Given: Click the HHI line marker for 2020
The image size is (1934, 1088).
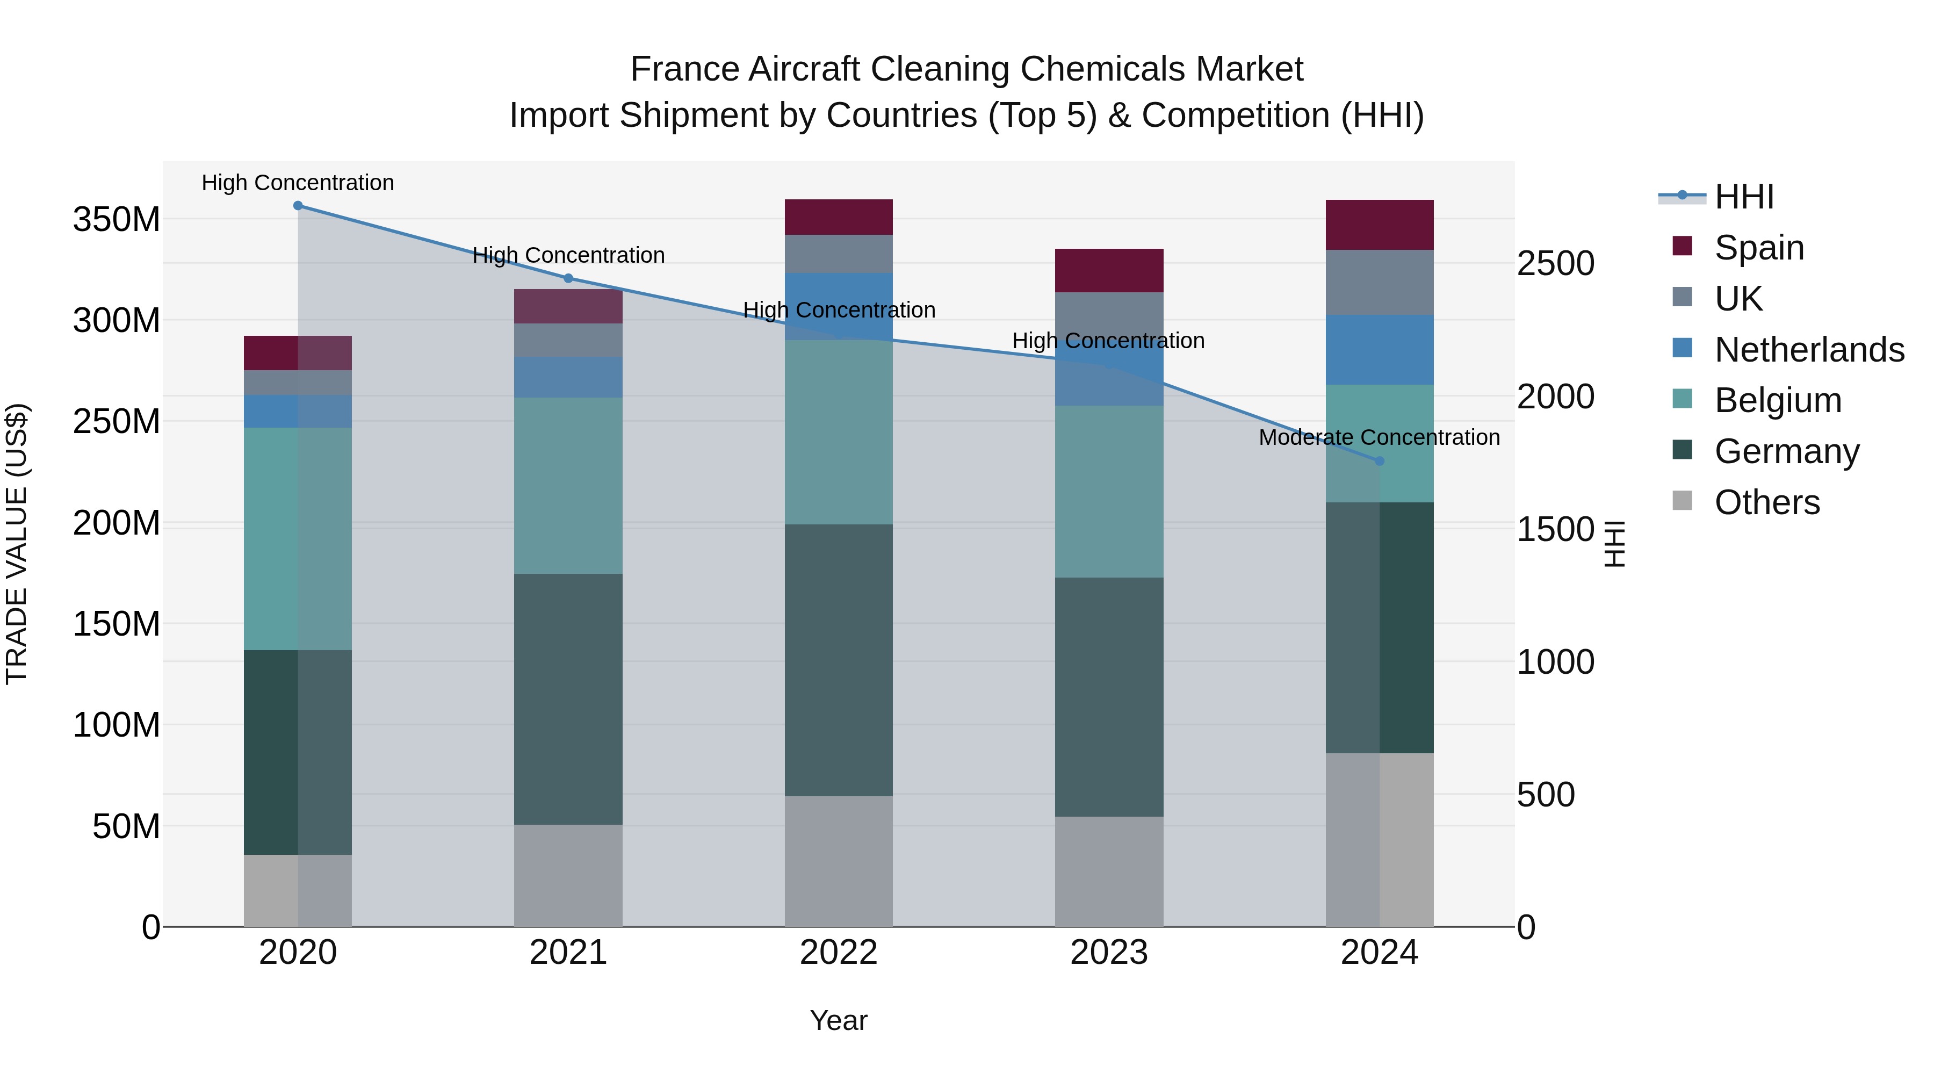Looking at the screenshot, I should pyautogui.click(x=298, y=206).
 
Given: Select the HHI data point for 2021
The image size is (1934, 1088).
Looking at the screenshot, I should pyautogui.click(x=568, y=278).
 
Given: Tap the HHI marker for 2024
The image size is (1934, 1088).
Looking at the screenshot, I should pyautogui.click(x=1379, y=461).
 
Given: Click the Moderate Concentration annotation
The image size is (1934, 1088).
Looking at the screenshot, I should pyautogui.click(x=1379, y=438).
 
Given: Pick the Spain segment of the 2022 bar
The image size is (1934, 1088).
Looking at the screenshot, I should pyautogui.click(x=839, y=217).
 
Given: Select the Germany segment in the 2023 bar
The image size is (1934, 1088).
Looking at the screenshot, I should pyautogui.click(x=1109, y=697).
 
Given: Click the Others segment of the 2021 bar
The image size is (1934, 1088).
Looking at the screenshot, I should pyautogui.click(x=568, y=876).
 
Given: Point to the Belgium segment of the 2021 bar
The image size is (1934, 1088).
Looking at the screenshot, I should pyautogui.click(x=568, y=486).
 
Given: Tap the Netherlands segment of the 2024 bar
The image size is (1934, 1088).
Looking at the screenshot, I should pyautogui.click(x=1379, y=350).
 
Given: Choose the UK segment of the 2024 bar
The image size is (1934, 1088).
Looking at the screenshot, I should pyautogui.click(x=1379, y=282).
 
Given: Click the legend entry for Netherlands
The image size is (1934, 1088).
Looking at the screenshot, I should pyautogui.click(x=1809, y=350).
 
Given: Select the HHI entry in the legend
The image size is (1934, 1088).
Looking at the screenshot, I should pyautogui.click(x=1744, y=197).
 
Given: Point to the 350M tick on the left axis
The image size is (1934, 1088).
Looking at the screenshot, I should pyautogui.click(x=117, y=220).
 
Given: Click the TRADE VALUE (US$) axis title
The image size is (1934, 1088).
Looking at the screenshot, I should pyautogui.click(x=17, y=544).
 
